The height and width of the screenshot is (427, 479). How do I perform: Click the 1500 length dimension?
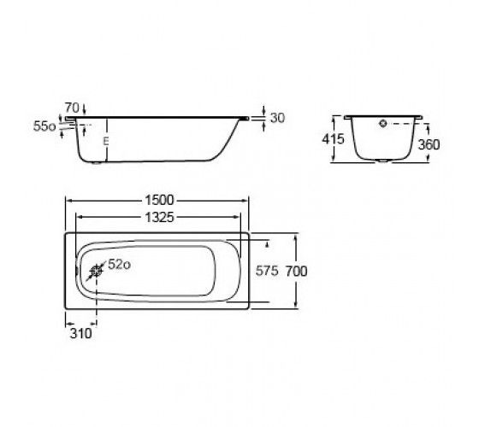(159, 200)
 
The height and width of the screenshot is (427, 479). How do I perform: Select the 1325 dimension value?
(159, 218)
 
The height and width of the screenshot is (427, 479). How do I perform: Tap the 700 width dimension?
(296, 272)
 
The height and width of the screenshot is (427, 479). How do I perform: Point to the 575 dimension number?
(267, 271)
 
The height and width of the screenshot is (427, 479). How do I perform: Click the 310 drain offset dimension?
(80, 333)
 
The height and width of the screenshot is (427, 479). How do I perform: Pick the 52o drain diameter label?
(120, 265)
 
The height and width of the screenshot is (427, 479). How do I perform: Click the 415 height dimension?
(333, 139)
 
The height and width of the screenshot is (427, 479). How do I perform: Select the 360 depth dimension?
(429, 144)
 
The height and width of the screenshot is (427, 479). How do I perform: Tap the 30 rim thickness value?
(277, 118)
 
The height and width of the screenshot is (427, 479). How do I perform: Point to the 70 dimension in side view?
(72, 108)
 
